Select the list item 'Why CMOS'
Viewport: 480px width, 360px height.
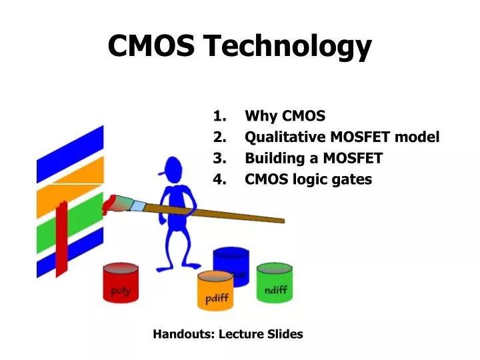point(285,116)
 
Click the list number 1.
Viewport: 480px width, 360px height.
point(219,116)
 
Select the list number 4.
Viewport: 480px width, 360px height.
point(219,179)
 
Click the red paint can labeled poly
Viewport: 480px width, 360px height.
point(121,283)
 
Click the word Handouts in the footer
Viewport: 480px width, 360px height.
point(182,334)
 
